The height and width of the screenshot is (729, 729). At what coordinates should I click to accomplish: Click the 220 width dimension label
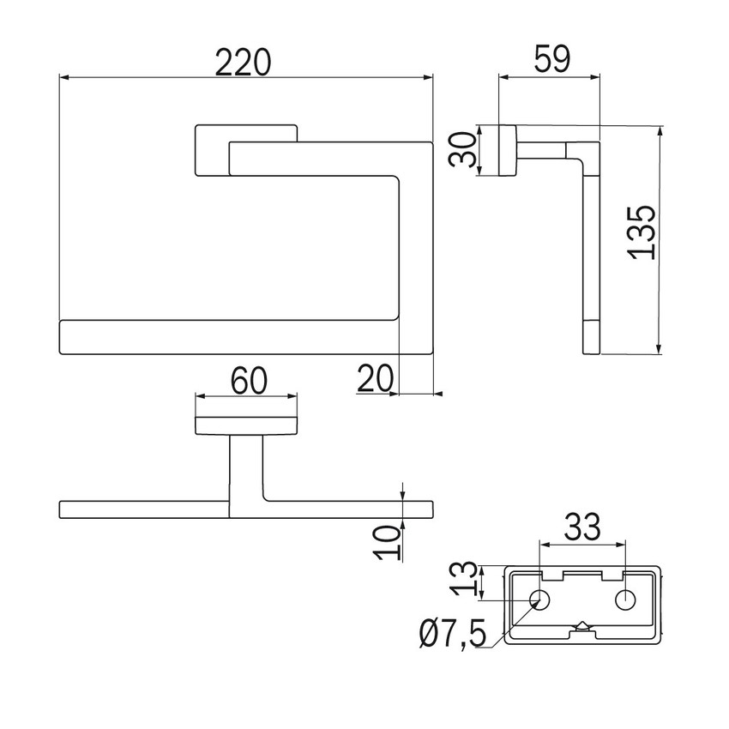(x=243, y=62)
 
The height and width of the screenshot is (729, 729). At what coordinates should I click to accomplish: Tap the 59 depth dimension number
(x=551, y=59)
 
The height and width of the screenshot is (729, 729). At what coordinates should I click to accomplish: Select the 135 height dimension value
(x=642, y=232)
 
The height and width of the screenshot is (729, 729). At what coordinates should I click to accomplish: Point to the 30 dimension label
(x=463, y=150)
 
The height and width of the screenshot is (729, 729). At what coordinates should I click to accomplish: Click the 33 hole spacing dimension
(x=582, y=527)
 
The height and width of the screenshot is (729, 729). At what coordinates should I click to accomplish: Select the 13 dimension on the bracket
(x=465, y=578)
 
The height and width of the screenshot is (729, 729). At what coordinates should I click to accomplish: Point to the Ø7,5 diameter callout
(x=452, y=634)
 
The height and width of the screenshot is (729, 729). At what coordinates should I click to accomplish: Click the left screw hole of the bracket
(x=540, y=599)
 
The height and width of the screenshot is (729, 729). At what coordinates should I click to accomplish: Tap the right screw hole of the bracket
(x=625, y=599)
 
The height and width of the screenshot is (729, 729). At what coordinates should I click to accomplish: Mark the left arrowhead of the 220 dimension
(x=64, y=78)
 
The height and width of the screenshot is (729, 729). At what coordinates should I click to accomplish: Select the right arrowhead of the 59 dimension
(x=595, y=78)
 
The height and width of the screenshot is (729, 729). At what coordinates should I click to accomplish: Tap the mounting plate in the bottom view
(x=246, y=426)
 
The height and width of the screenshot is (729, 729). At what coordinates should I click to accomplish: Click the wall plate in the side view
(x=507, y=151)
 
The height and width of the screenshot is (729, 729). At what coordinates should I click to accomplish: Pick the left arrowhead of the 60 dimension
(x=201, y=396)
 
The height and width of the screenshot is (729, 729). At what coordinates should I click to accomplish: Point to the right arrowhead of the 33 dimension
(x=620, y=543)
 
